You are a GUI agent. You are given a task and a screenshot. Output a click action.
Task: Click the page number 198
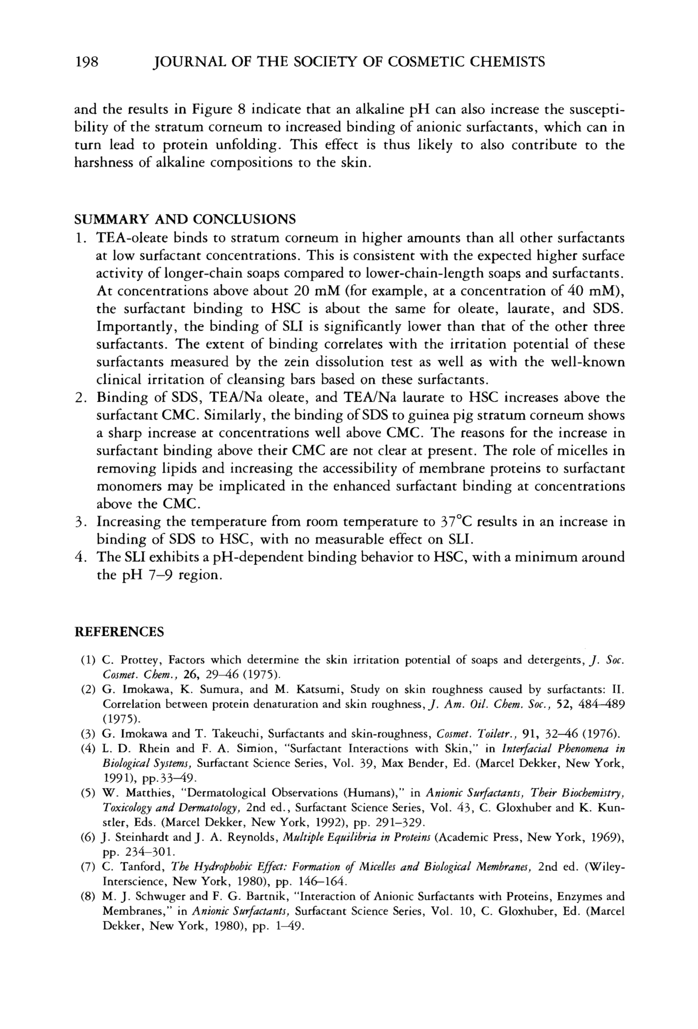(x=86, y=62)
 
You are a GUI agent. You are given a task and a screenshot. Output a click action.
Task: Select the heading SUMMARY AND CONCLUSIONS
(x=185, y=219)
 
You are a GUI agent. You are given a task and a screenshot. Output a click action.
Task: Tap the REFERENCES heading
(x=119, y=632)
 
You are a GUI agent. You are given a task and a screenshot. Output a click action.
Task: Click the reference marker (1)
(x=88, y=661)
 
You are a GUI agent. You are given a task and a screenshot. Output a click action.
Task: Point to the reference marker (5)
(x=88, y=793)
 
